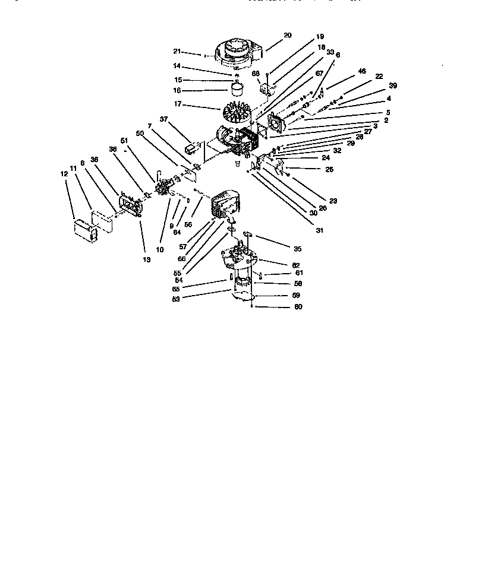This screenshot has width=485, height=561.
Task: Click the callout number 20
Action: (x=287, y=35)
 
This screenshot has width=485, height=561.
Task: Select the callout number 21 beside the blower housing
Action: (x=193, y=52)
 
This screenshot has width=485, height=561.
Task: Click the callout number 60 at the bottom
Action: (x=298, y=307)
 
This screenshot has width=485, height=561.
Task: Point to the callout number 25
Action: (x=329, y=169)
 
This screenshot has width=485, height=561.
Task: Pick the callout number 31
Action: (x=319, y=231)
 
